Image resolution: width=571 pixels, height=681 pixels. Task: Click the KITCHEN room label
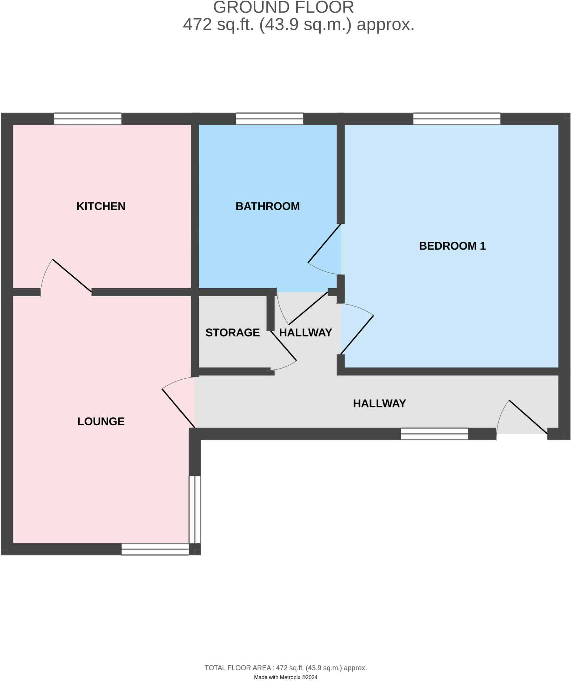(101, 206)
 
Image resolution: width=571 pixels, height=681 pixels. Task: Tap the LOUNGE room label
(101, 421)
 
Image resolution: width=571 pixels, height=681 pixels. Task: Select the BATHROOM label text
(268, 206)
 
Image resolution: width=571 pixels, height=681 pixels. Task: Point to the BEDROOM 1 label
(452, 246)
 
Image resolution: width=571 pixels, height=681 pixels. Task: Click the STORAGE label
(232, 332)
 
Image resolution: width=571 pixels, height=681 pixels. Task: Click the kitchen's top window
(88, 119)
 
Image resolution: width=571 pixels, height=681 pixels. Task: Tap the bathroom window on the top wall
(270, 119)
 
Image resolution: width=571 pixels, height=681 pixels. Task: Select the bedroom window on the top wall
(457, 119)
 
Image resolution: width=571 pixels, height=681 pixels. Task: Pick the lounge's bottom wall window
(155, 549)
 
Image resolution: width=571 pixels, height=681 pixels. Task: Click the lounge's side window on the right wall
(195, 509)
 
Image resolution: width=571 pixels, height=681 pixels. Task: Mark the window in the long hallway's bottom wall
(434, 434)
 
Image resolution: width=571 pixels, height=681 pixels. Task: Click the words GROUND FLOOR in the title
(284, 7)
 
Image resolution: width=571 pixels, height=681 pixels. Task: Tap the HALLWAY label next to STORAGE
(305, 332)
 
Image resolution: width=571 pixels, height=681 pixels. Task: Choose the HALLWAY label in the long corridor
(379, 403)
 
